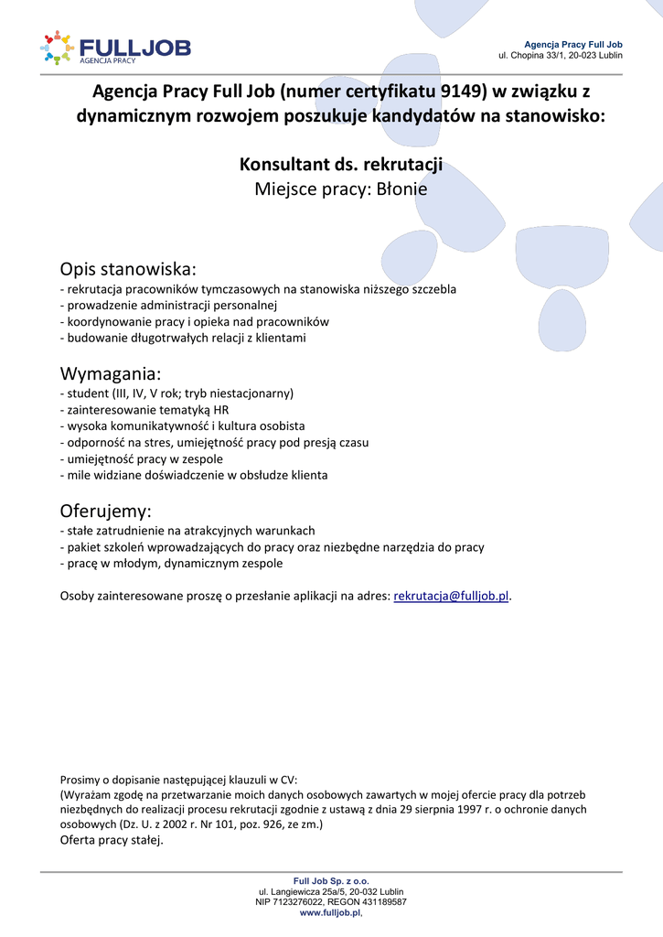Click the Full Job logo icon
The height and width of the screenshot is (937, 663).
(x=56, y=48)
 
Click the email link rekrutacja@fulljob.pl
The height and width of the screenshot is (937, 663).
(x=451, y=596)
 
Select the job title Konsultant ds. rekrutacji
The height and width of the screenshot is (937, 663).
(x=341, y=165)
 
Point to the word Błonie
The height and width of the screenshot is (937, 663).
(x=402, y=189)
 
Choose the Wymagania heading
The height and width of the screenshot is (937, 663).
(x=111, y=374)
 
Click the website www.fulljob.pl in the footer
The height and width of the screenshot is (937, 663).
(x=330, y=912)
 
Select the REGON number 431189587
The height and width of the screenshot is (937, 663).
(x=381, y=901)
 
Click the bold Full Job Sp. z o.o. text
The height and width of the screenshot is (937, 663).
(x=331, y=880)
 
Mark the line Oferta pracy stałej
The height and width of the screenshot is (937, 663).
(x=112, y=841)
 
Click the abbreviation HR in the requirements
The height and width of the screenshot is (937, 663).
(x=220, y=410)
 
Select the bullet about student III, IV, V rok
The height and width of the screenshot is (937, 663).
(x=176, y=393)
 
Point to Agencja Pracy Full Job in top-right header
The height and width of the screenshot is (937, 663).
(x=572, y=44)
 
